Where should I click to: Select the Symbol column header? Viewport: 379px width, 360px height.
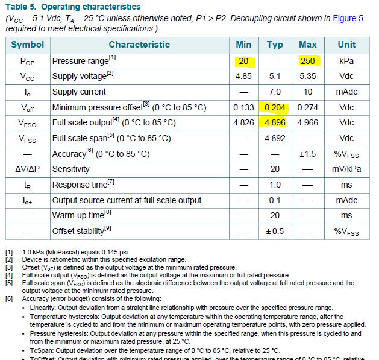click(x=28, y=45)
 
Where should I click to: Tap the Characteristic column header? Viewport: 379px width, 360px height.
click(x=139, y=45)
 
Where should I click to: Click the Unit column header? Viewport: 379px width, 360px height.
click(x=346, y=45)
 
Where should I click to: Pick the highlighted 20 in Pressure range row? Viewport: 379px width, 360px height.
click(x=243, y=61)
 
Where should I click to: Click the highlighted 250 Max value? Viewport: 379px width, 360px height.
click(x=307, y=61)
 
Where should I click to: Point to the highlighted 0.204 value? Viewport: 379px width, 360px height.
click(x=275, y=107)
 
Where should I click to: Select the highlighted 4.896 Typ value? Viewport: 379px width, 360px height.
click(x=275, y=123)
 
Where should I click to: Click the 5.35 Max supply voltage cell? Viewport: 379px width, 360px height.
click(x=307, y=77)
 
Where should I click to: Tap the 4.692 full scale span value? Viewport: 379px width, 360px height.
click(x=275, y=138)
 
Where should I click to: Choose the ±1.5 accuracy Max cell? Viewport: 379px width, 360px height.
click(x=307, y=154)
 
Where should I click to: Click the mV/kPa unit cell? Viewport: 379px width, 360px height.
click(x=346, y=169)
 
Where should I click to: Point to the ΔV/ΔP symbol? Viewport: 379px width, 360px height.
click(x=28, y=169)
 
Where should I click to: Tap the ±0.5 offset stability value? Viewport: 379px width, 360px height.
click(x=275, y=231)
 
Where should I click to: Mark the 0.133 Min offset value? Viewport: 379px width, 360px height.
click(x=243, y=107)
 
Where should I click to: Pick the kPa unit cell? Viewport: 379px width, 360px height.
click(x=346, y=61)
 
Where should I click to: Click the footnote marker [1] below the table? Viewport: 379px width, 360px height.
click(x=9, y=251)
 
